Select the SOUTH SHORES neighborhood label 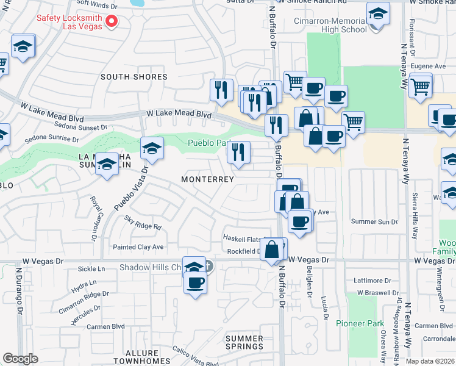134,77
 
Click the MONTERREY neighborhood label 207,179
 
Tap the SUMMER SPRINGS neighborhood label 244,342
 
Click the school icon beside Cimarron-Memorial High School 378,15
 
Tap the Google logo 21,358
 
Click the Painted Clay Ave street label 138,247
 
